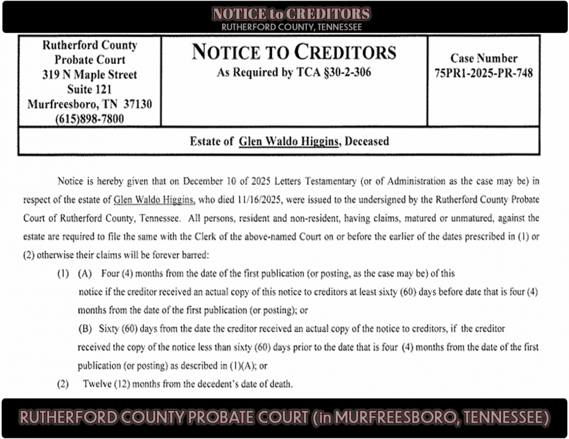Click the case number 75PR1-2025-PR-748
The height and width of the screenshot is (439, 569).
click(x=484, y=74)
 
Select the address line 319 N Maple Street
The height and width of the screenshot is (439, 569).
click(x=90, y=75)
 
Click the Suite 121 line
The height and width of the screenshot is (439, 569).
click(x=90, y=90)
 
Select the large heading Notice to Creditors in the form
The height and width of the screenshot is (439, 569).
click(x=294, y=53)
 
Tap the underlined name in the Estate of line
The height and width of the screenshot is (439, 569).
click(x=289, y=141)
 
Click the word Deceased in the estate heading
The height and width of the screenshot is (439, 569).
click(x=367, y=141)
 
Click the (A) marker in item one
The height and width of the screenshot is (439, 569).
click(x=85, y=273)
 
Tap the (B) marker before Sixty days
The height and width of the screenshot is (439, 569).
click(x=85, y=328)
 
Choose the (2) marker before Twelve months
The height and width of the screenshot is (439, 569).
click(x=62, y=384)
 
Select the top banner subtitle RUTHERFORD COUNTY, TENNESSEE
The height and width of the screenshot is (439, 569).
click(x=291, y=27)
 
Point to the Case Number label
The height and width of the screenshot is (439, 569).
click(x=484, y=59)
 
